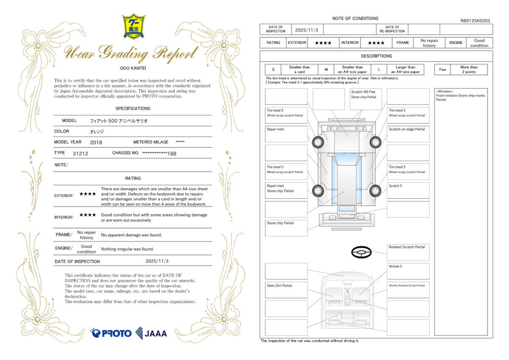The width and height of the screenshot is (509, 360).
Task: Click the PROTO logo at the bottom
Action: pyautogui.click(x=111, y=333)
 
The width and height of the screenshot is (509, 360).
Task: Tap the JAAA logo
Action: pyautogui.click(x=151, y=333)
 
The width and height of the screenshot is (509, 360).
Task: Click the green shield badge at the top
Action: pyautogui.click(x=133, y=26)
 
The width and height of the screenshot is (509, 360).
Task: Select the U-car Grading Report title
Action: pyautogui.click(x=131, y=53)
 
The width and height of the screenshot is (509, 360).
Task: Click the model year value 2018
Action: pyautogui.click(x=96, y=142)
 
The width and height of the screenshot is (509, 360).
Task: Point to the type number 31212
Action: pyautogui.click(x=80, y=153)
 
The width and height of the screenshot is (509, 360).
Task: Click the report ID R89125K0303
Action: pyautogui.click(x=475, y=20)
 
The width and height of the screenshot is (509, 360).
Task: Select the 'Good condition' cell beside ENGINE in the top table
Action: pyautogui.click(x=479, y=43)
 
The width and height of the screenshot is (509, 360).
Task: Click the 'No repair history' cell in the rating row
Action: pyautogui.click(x=429, y=43)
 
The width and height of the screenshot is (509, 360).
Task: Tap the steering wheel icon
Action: pyautogui.click(x=361, y=253)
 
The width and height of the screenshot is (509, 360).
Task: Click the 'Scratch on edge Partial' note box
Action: pyautogui.click(x=408, y=134)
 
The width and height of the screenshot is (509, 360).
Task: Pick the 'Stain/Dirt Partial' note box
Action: pyautogui.click(x=286, y=290)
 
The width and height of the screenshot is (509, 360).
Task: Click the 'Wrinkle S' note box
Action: pyautogui.click(x=408, y=271)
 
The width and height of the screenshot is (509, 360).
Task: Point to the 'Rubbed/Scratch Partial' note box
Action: pyautogui.click(x=408, y=252)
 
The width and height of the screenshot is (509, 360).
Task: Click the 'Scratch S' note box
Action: pyautogui.click(x=408, y=190)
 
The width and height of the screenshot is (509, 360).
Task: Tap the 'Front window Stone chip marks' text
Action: pyautogui.click(x=460, y=96)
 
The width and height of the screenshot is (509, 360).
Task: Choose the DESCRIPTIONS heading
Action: pyautogui.click(x=376, y=56)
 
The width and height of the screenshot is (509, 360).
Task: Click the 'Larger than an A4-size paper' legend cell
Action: pyautogui.click(x=406, y=70)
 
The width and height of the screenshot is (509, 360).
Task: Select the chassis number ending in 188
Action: pyautogui.click(x=159, y=153)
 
